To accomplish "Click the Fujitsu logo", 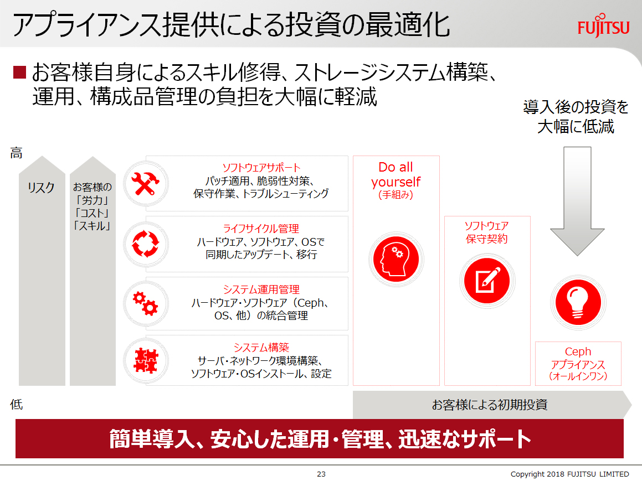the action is click(603, 26).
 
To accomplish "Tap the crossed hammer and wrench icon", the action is click(145, 183).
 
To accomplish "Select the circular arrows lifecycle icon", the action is click(145, 244).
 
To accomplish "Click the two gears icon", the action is click(145, 303).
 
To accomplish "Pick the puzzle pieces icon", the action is click(146, 361).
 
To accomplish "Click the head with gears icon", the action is click(396, 259).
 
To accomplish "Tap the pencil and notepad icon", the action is click(487, 281).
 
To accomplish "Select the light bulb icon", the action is click(578, 302).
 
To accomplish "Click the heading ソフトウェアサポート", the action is click(261, 168).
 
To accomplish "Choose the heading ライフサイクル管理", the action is click(261, 228).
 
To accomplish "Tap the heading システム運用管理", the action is click(261, 289).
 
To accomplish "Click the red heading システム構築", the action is click(261, 347).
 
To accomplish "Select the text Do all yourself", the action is click(396, 174).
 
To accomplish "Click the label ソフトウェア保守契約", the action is click(487, 232).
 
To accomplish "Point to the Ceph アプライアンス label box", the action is click(578, 364).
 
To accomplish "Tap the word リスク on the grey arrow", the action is click(42, 188).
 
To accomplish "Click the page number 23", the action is click(321, 474).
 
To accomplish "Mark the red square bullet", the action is click(19, 72).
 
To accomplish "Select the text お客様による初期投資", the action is click(490, 405).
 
